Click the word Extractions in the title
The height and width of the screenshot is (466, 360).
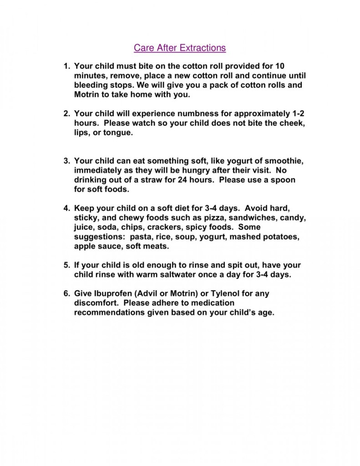click(x=203, y=47)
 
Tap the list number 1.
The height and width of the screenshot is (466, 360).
click(x=65, y=66)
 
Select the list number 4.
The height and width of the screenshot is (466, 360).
click(x=65, y=208)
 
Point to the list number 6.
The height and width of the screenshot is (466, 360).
click(x=65, y=294)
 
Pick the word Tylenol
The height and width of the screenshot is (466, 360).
click(x=231, y=294)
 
